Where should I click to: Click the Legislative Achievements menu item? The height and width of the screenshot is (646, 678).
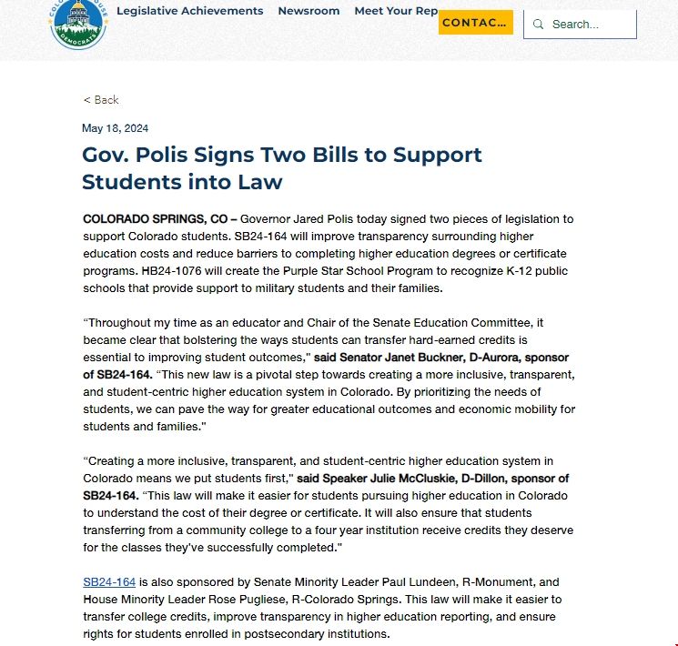(x=189, y=11)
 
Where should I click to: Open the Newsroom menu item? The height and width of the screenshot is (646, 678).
(x=309, y=11)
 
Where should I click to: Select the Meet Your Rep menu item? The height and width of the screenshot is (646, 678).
(x=396, y=11)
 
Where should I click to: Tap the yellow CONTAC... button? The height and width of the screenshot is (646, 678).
(x=475, y=23)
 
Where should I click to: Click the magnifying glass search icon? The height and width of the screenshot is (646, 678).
(x=538, y=25)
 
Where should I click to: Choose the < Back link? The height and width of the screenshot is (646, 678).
(x=101, y=100)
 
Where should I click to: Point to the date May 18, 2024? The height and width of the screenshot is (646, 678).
(x=115, y=128)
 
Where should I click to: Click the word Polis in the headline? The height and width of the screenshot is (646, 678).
(x=163, y=155)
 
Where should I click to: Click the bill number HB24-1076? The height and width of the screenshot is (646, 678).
(x=173, y=271)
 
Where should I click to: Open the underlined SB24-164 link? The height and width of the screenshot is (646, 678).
(x=109, y=582)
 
